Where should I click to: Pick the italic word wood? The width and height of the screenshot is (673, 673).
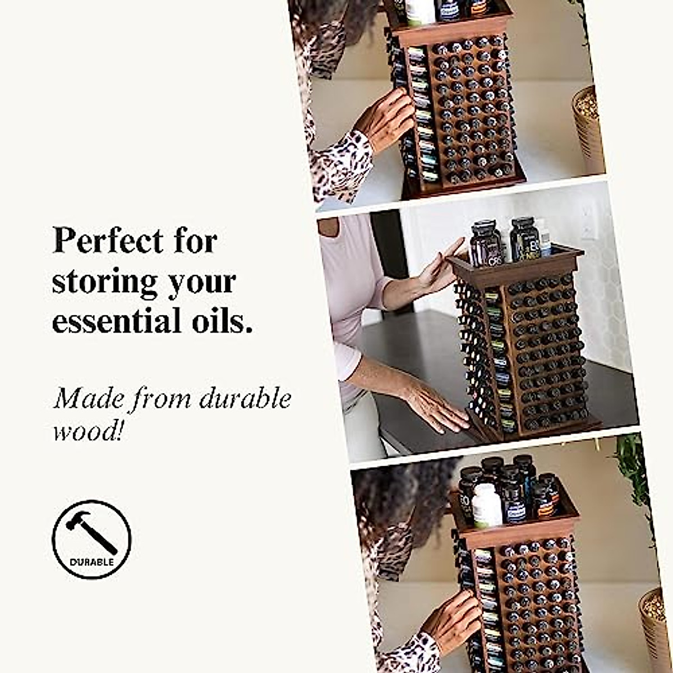(87, 430)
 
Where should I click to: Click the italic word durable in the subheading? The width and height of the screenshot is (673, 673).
(246, 399)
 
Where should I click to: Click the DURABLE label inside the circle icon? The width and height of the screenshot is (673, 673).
(92, 561)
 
